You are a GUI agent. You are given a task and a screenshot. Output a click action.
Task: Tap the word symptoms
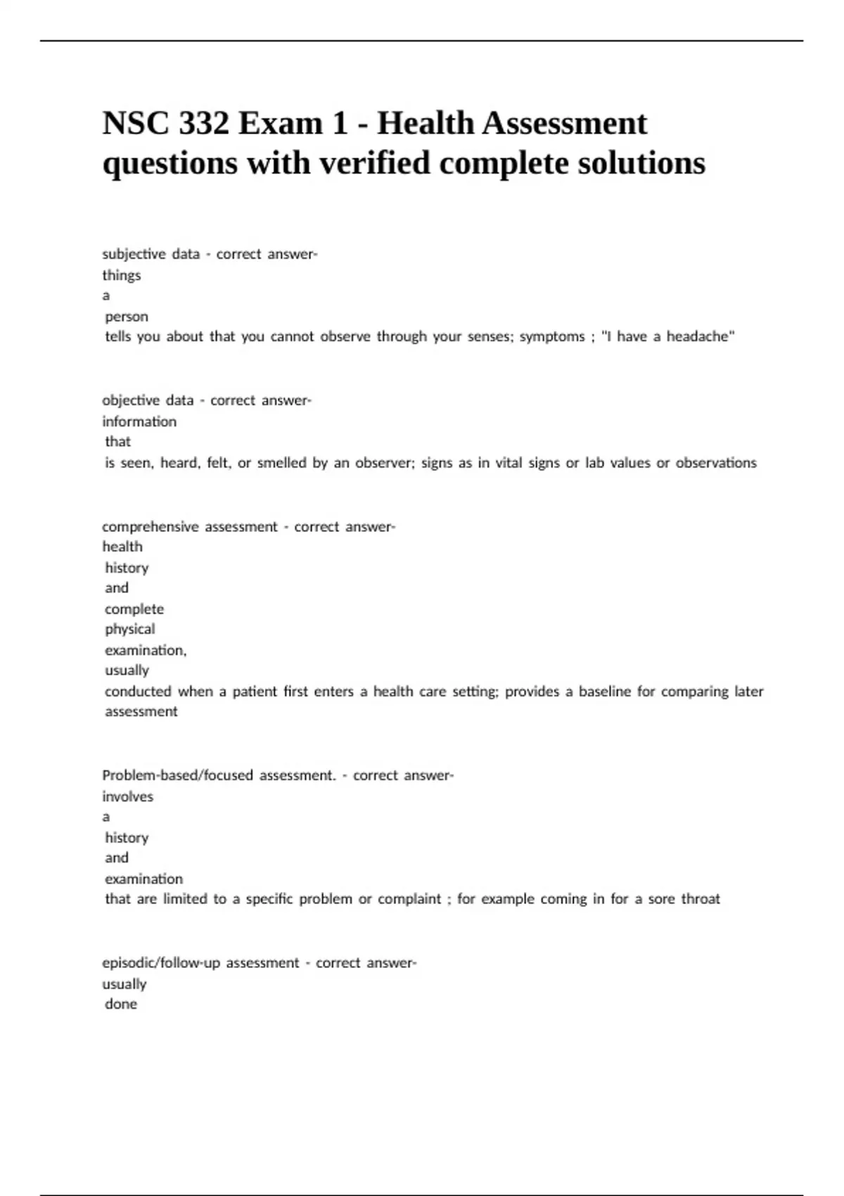551,337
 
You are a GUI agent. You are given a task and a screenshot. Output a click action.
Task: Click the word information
139,421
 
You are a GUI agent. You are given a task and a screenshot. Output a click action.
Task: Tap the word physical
129,629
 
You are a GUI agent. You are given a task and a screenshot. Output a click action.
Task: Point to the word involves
127,796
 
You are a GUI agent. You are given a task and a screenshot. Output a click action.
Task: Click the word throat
700,899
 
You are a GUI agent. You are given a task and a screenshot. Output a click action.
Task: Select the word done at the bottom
121,1004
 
